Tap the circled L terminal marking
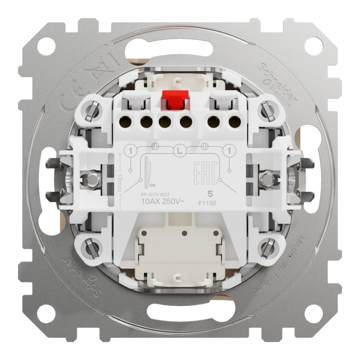tap(179, 151)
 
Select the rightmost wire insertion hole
tap(234, 122)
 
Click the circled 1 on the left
tap(131, 151)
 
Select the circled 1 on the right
tap(227, 151)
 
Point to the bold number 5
tap(209, 193)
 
